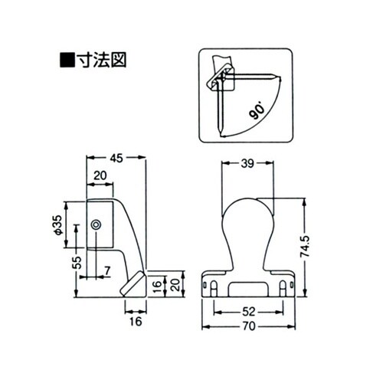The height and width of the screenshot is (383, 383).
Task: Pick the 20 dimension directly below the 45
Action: click(x=100, y=175)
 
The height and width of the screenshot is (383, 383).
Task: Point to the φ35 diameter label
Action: click(x=57, y=226)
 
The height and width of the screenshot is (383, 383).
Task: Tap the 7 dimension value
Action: click(x=106, y=270)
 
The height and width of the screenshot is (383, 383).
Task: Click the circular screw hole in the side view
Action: click(x=96, y=224)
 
